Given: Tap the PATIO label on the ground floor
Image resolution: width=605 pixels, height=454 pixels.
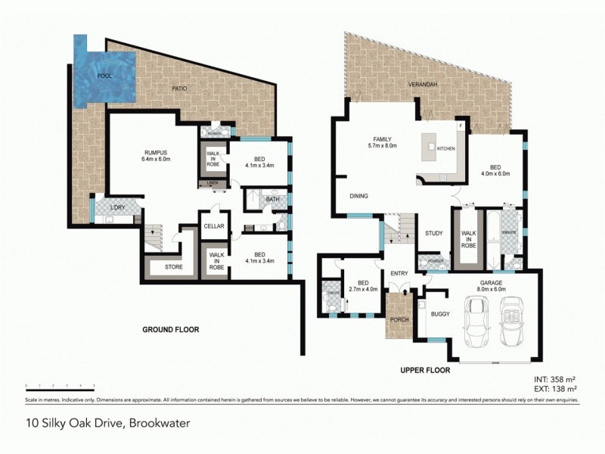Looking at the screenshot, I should [x=179, y=89].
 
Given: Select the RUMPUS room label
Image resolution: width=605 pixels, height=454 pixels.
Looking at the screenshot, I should [x=155, y=155].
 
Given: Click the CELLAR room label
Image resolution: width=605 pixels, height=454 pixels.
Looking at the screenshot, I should [x=213, y=225].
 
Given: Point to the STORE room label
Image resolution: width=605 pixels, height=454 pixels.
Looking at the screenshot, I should [x=175, y=267].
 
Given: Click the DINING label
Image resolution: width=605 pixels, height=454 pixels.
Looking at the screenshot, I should [x=358, y=196].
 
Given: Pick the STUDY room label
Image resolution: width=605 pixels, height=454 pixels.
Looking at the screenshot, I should [x=433, y=233].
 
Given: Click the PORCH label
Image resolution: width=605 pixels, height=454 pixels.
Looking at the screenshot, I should [x=399, y=319].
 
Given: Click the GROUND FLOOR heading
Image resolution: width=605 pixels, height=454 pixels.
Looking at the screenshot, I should [x=171, y=330].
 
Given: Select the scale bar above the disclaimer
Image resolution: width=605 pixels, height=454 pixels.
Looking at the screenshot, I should [x=56, y=387].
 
